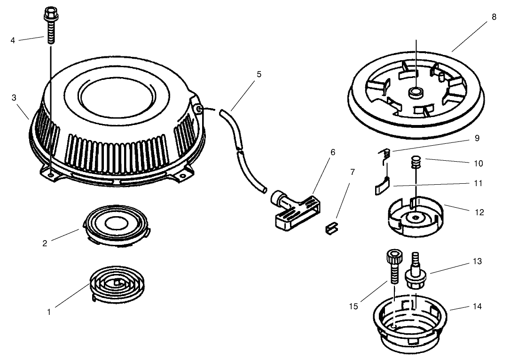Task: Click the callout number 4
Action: pos(13,40)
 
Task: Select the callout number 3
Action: pos(14,97)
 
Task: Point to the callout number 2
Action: pos(45,243)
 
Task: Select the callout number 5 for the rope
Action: pos(259,74)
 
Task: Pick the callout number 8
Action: pos(494,17)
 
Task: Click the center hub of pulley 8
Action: pos(416,92)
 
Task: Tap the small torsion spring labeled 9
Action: pos(385,154)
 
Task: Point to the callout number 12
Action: pos(479,212)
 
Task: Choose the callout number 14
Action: pos(478,306)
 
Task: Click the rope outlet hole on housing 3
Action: pos(200,109)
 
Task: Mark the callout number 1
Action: pos(49,311)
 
